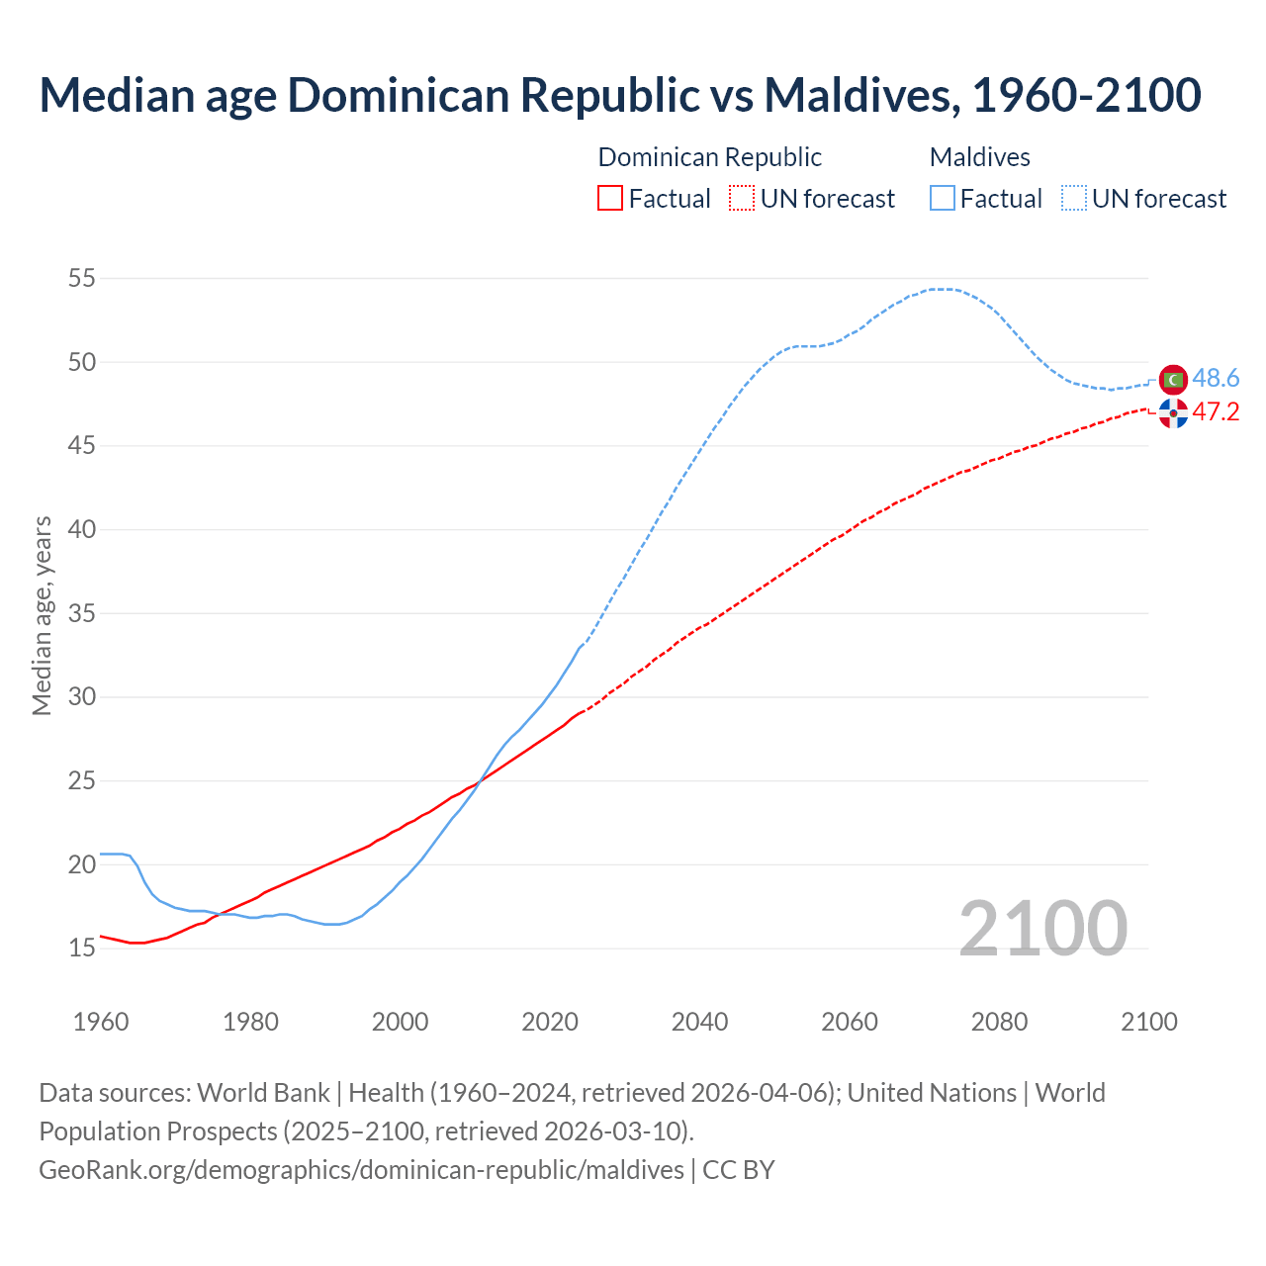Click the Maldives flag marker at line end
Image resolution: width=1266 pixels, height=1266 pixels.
click(1173, 379)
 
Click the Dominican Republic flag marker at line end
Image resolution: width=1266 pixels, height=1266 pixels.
click(1173, 413)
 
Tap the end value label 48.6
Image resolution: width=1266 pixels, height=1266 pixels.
click(1216, 379)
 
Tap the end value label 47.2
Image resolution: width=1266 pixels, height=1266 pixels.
click(1216, 412)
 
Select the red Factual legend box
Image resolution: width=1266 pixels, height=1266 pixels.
click(610, 199)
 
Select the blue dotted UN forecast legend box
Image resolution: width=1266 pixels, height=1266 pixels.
click(1074, 199)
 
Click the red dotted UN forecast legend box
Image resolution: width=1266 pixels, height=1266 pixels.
click(742, 199)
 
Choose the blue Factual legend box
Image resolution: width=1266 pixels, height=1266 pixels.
click(943, 199)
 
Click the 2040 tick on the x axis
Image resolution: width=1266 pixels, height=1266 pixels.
click(699, 1022)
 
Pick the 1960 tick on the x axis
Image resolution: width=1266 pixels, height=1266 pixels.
click(101, 1022)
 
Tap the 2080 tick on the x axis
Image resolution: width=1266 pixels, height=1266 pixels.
click(999, 1022)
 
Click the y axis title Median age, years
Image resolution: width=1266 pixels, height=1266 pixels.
click(42, 615)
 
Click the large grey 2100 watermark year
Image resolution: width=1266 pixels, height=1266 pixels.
click(1042, 929)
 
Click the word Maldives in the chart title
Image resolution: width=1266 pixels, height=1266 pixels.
click(859, 95)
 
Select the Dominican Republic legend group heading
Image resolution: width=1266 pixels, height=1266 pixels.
click(709, 157)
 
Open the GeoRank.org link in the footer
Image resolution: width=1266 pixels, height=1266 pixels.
click(361, 1170)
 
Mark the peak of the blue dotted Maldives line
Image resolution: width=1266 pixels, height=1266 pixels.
click(945, 289)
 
